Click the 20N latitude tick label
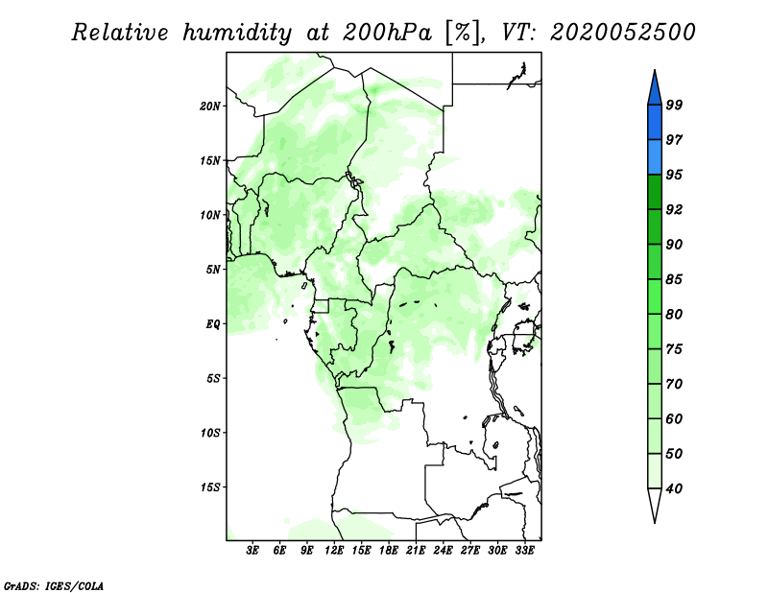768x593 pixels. coord(210,106)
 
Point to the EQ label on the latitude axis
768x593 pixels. coord(213,324)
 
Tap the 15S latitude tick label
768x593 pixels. coord(210,487)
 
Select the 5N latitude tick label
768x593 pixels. coord(213,270)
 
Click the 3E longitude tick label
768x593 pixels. coord(252,551)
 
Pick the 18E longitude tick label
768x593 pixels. coord(389,551)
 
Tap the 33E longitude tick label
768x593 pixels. coord(524,551)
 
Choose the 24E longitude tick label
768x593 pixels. coord(443,551)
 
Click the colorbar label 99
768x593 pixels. coord(674,105)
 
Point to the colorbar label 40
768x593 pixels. coord(674,488)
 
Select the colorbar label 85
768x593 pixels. coord(674,279)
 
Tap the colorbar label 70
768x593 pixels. coord(674,384)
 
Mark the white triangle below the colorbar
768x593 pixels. coord(655,504)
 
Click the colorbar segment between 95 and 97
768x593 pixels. coord(655,157)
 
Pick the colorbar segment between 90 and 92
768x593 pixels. coord(655,226)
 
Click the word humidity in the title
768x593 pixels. coord(237,34)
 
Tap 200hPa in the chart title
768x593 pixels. coord(387,33)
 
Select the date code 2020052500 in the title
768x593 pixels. coord(622,33)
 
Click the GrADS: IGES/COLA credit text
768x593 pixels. coord(54,585)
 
